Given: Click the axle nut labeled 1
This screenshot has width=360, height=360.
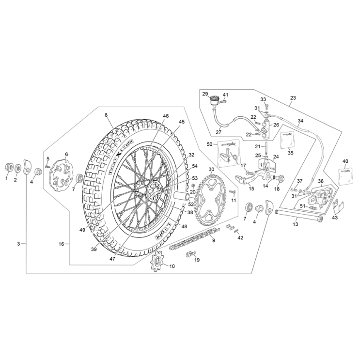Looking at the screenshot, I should tap(7, 168).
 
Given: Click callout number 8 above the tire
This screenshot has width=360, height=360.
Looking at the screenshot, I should tap(106, 115).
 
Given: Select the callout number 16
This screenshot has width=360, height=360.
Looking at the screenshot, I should tap(61, 245).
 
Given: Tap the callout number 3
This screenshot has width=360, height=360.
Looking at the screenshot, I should tap(19, 245).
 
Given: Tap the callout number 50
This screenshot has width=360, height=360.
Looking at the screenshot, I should tap(209, 144).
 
